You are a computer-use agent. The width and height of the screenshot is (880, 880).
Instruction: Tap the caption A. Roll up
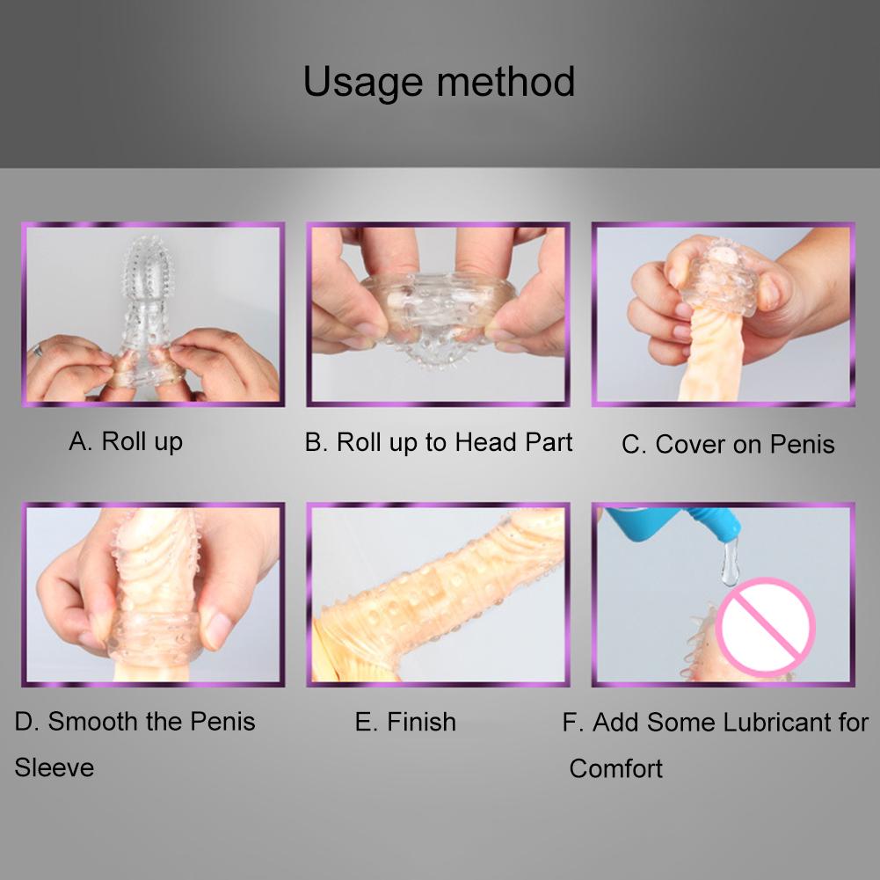coord(126,441)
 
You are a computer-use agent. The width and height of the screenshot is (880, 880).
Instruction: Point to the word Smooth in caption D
coord(94,722)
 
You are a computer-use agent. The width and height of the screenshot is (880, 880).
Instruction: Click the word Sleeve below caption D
coord(54,767)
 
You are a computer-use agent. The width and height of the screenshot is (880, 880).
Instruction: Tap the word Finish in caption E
coord(421,722)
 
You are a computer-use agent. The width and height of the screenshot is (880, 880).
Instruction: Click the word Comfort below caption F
coord(615,768)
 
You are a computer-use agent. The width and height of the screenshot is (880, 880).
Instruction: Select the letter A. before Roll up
coord(80,441)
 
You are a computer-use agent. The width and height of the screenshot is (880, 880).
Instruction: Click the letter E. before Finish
coord(366,722)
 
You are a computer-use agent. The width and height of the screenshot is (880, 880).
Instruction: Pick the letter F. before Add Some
coord(573,723)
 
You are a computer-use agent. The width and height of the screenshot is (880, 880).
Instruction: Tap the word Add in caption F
coord(616,723)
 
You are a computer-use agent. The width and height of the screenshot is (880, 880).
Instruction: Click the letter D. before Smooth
coord(26,722)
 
